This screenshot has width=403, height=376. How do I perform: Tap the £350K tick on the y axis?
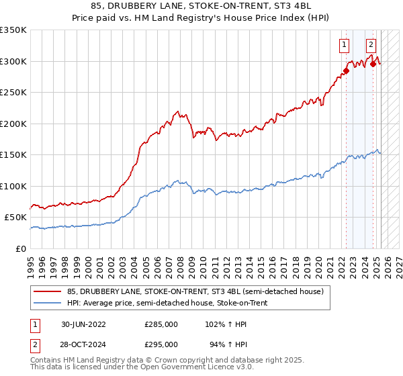coord(13,30)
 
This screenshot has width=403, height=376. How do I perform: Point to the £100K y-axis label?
coord(13,186)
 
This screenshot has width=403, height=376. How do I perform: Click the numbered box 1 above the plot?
coord(344,45)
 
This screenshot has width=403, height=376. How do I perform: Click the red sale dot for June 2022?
coord(347,70)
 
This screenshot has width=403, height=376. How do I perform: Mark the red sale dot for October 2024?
coord(373,64)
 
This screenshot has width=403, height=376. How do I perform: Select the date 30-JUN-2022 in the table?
coord(83,324)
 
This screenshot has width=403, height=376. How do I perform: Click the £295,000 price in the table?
coord(161,345)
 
